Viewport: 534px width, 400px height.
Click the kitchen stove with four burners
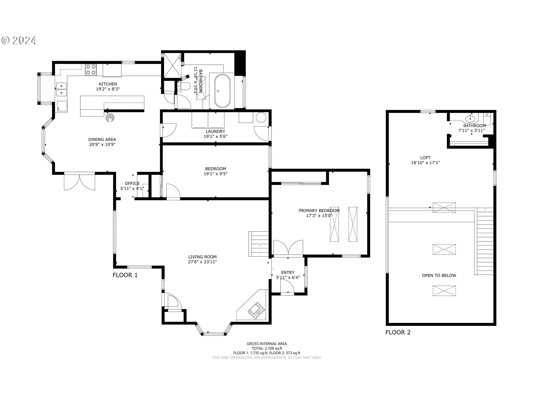pyautogui.click(x=91, y=70)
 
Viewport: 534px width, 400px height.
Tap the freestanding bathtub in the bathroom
pyautogui.click(x=222, y=91)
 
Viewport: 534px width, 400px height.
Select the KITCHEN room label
pyautogui.click(x=108, y=84)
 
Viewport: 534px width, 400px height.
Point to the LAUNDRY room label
pyautogui.click(x=216, y=131)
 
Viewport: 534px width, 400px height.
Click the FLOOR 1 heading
pyautogui.click(x=125, y=275)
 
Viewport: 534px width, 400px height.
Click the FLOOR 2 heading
pyautogui.click(x=398, y=332)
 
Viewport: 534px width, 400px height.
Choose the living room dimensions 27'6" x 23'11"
pyautogui.click(x=202, y=262)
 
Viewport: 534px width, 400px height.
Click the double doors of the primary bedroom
pyautogui.click(x=288, y=247)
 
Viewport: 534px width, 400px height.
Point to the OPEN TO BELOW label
pyautogui.click(x=439, y=275)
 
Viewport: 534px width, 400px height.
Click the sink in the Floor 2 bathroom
pyautogui.click(x=470, y=119)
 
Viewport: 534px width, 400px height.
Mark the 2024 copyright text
pyautogui.click(x=19, y=40)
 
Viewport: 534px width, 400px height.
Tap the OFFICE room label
pyautogui.click(x=132, y=183)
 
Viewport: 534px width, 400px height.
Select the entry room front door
pyautogui.click(x=287, y=286)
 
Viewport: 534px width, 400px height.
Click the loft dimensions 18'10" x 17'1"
pyautogui.click(x=426, y=163)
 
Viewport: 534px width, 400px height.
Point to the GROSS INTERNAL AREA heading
pyautogui.click(x=267, y=344)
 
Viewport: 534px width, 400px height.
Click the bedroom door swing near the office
pyautogui.click(x=173, y=192)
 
